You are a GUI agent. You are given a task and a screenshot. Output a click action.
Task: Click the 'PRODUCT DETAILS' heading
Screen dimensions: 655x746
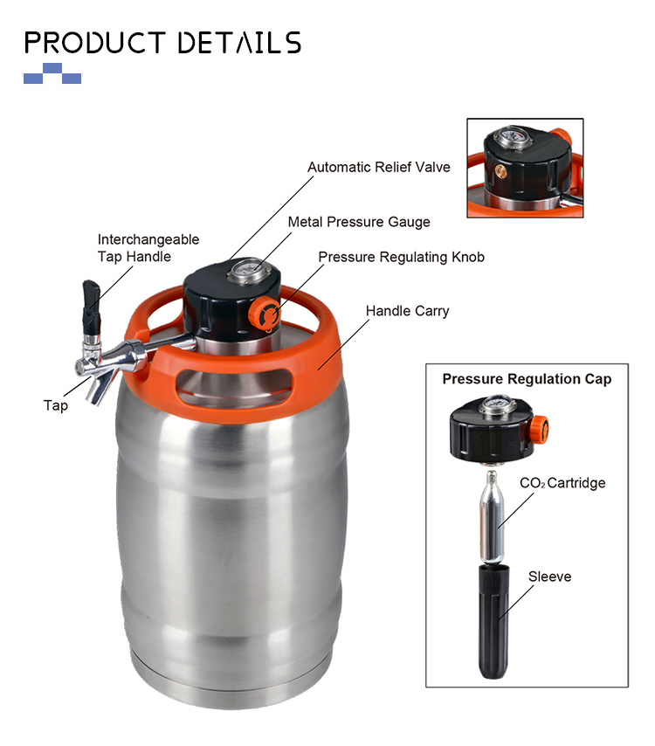point(162,42)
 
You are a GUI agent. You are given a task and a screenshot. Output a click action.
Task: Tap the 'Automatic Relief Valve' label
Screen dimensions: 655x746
point(379,167)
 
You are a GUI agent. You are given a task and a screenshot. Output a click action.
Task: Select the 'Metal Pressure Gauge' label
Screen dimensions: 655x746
point(359,222)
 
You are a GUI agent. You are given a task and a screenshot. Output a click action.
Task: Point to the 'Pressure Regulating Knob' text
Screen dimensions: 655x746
point(401,257)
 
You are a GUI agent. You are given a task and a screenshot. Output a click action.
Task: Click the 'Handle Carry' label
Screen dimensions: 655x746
point(407,311)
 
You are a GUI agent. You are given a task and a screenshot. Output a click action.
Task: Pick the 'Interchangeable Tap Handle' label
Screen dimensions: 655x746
point(148,248)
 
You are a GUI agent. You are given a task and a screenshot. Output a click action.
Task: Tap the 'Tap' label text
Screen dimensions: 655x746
point(56,405)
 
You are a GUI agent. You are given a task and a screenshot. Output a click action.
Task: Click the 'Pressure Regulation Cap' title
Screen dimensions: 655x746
point(527,379)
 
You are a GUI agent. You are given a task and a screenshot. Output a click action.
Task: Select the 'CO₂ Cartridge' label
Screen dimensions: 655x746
point(562,483)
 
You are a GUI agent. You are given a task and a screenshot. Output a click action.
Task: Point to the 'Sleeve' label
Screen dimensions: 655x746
point(549,577)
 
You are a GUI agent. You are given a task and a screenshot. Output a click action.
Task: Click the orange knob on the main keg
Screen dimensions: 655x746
point(265,313)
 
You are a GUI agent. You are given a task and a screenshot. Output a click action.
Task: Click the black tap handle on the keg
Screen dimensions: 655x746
point(92,307)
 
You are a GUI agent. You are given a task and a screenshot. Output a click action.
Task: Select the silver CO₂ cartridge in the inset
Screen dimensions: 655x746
point(492,516)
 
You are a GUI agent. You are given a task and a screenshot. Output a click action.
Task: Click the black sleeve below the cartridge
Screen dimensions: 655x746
point(493,621)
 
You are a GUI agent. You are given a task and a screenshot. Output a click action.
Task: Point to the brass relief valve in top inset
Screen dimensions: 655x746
point(500,169)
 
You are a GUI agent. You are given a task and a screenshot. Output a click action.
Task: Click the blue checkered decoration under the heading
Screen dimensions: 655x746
point(52,73)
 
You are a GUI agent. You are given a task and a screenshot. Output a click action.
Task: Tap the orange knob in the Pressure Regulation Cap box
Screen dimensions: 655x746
point(541,429)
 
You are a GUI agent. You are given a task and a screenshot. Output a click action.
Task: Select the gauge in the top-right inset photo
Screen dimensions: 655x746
point(510,137)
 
